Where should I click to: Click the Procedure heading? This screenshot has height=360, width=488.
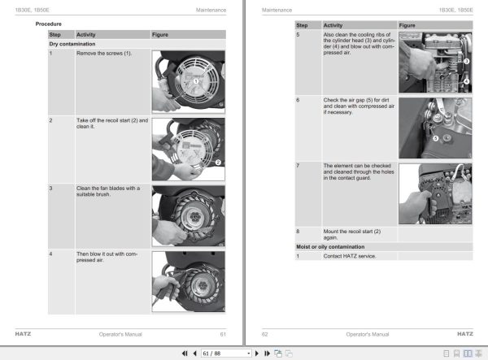[x=49, y=24]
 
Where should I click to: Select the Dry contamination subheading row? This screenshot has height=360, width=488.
[x=73, y=43]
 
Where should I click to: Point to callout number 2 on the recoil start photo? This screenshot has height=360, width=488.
[x=219, y=163]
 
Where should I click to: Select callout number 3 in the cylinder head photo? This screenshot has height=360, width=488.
[x=467, y=61]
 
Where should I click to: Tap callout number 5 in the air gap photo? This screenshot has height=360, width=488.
[x=435, y=139]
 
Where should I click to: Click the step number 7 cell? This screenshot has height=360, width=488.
[x=298, y=165]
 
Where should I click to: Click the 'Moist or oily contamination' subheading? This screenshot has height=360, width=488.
[x=329, y=246]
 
